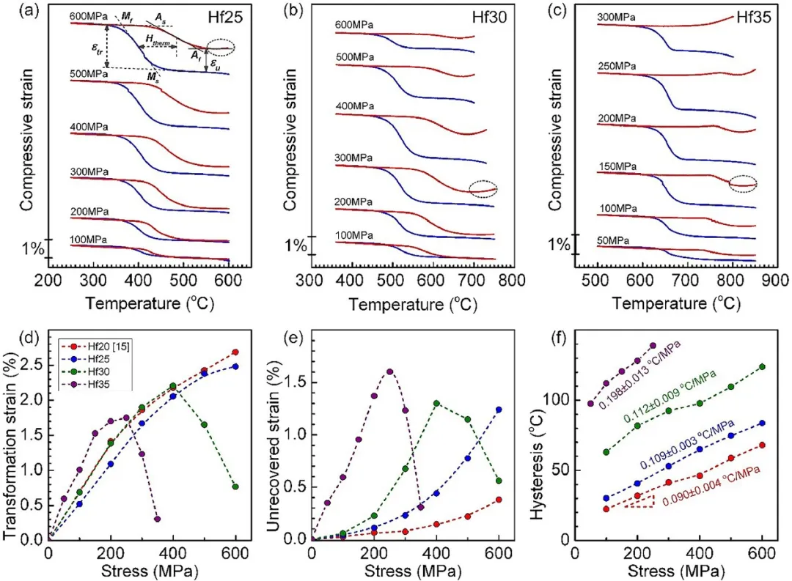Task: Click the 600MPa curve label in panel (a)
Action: (x=89, y=16)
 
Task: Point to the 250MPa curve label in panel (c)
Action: (x=617, y=67)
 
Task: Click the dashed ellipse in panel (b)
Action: (x=483, y=189)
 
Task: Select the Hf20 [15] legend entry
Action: (x=88, y=344)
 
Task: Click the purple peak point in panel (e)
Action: (x=389, y=371)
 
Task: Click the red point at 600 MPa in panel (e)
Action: (x=499, y=500)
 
